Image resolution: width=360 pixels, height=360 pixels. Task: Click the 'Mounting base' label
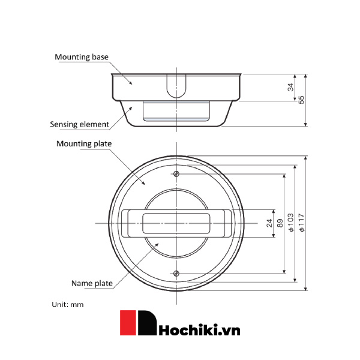click(81, 57)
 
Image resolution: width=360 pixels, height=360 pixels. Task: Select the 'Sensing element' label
click(79, 125)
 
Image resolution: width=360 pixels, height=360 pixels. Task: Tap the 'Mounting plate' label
click(84, 143)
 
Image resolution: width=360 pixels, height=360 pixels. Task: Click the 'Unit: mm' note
click(67, 304)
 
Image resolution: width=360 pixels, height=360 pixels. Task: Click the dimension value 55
click(302, 100)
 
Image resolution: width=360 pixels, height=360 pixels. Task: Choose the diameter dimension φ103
click(291, 223)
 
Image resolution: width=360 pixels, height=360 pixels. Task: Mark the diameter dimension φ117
click(302, 223)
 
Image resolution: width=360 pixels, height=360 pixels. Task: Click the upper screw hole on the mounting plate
click(176, 174)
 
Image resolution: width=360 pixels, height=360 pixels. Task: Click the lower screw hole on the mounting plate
click(176, 274)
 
